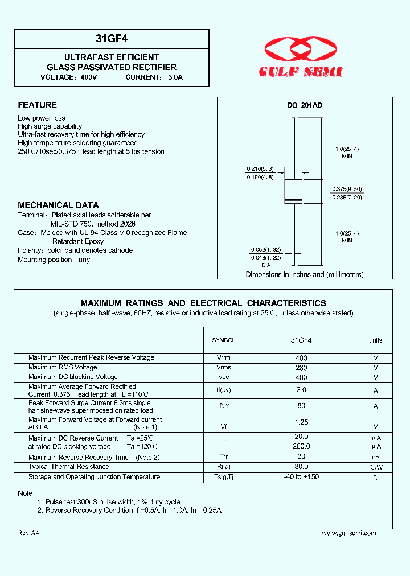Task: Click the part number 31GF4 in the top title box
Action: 111,39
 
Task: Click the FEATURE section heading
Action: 37,105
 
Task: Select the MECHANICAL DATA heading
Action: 58,205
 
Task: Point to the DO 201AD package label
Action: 304,105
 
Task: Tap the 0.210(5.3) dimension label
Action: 260,169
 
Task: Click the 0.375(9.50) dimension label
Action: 347,188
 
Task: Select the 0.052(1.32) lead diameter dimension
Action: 266,250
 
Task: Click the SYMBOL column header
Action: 223,340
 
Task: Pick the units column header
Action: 376,340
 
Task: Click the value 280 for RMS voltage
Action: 301,368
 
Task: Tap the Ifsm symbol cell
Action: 223,406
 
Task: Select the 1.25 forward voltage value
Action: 301,422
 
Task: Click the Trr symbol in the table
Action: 223,457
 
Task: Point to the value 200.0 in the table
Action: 301,447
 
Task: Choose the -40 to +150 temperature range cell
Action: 301,477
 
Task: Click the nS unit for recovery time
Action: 376,457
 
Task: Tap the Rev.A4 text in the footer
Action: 28,533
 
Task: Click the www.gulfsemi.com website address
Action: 348,533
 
